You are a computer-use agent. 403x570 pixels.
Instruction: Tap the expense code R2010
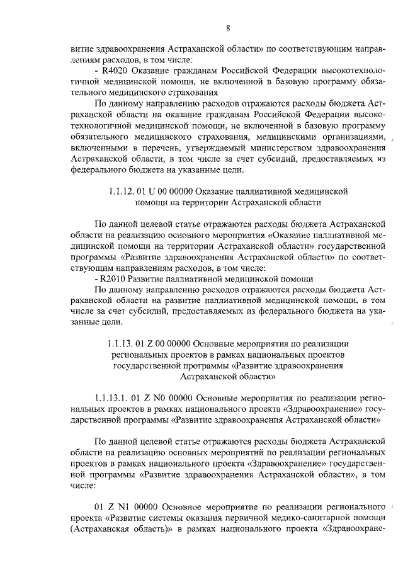tap(113, 278)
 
